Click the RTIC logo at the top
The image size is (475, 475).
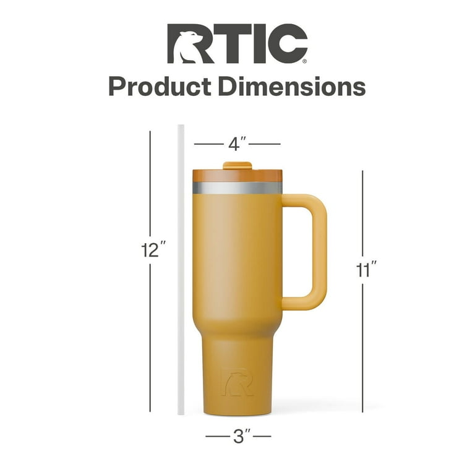[x=237, y=44]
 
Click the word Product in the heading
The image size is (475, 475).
[x=159, y=86]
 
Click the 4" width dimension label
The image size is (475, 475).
[x=237, y=144]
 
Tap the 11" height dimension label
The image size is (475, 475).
[x=366, y=270]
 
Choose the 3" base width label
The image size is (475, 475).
[x=237, y=437]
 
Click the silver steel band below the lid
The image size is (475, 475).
[x=237, y=187]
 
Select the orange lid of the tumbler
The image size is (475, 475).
[x=237, y=175]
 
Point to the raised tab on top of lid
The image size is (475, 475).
[x=237, y=165]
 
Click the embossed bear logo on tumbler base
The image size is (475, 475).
[x=237, y=382]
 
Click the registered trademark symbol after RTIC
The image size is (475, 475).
[x=304, y=62]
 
